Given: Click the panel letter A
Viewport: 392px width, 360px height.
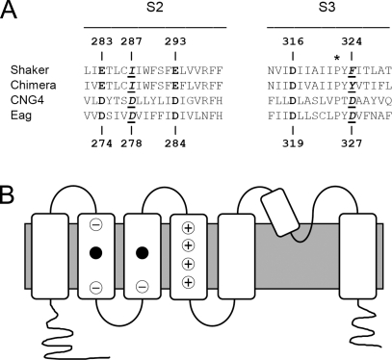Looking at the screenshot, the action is click(x=9, y=11).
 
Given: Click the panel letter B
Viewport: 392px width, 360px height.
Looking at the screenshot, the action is click(x=7, y=194).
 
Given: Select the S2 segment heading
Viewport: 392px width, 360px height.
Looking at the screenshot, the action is click(x=155, y=8).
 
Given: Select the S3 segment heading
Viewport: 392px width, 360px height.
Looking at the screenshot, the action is click(x=327, y=8).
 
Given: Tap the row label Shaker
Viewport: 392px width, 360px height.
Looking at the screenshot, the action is click(x=30, y=70).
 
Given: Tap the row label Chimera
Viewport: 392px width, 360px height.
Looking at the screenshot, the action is click(x=34, y=85).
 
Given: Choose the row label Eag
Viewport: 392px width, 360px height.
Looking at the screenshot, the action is click(x=21, y=116).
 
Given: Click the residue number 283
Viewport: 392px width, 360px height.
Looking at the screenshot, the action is click(x=102, y=41).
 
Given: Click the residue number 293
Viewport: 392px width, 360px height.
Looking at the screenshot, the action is click(x=175, y=41).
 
